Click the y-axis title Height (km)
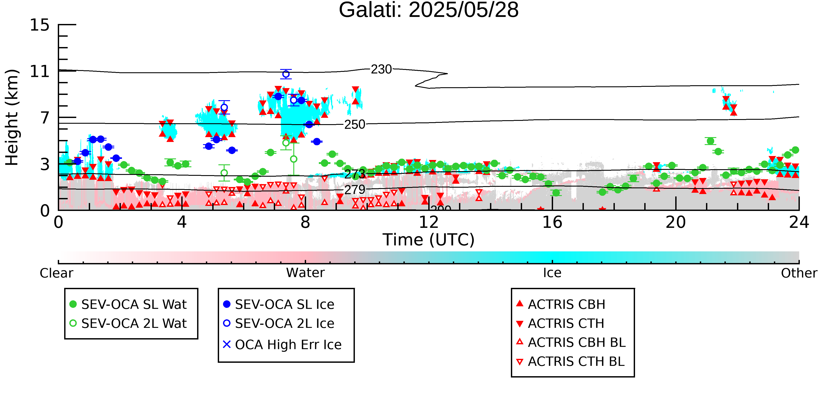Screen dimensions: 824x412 coord(12,117)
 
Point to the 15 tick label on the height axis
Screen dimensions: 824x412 coord(40,25)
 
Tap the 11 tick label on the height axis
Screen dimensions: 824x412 coord(40,71)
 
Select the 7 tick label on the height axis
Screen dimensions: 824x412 coord(45,118)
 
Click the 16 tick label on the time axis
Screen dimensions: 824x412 coord(552,222)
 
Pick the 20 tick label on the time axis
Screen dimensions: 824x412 coord(676,222)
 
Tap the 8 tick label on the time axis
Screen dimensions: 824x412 coord(305,222)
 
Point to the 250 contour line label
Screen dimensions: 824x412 coord(354,124)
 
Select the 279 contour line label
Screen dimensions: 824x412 coord(355,190)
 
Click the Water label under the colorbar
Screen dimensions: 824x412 coord(305,273)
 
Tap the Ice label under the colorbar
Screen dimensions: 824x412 coord(552,273)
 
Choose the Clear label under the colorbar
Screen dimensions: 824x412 coord(56,273)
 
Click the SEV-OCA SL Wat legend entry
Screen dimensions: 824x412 coord(128,304)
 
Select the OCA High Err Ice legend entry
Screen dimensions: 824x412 coord(282,345)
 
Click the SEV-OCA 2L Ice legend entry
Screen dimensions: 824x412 coord(279,323)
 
